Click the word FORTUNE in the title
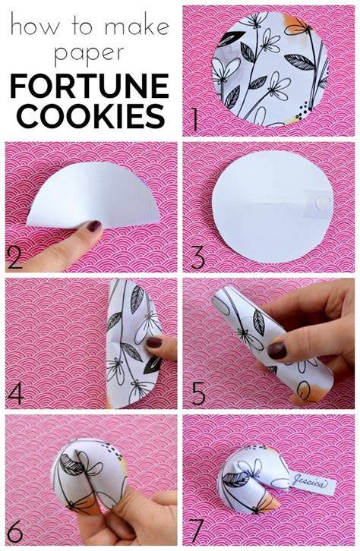(90, 86)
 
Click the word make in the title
(137, 27)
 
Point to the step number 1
(195, 119)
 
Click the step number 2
(14, 257)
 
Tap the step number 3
(197, 257)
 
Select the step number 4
(16, 394)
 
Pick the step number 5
(198, 394)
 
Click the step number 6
(14, 531)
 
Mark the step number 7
(196, 532)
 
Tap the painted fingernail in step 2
(94, 226)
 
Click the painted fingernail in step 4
(154, 342)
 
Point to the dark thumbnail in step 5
(277, 351)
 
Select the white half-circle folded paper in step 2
(93, 195)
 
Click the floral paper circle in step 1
(270, 68)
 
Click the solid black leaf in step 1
(231, 39)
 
